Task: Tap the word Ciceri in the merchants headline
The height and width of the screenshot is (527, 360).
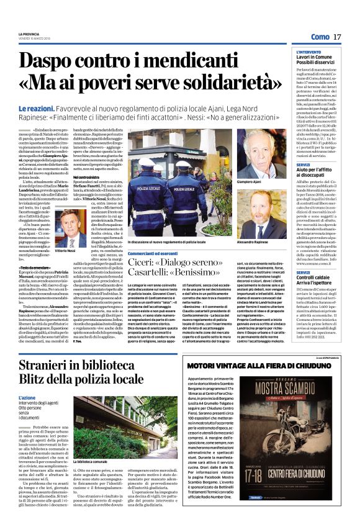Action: [x=145, y=265]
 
